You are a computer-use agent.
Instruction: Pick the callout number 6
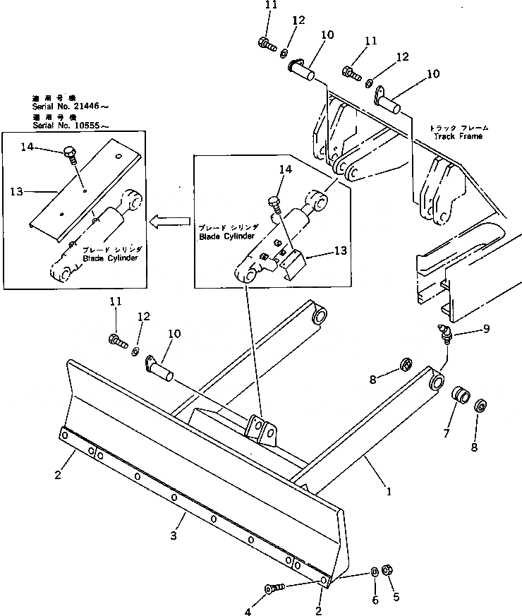coord(375,600)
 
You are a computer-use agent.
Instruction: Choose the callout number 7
coord(446,433)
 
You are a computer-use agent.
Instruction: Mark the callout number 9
coord(466,328)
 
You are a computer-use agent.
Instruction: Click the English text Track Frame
coord(456,136)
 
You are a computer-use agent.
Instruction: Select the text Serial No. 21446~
coord(71,107)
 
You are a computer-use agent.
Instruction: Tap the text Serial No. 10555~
coord(71,125)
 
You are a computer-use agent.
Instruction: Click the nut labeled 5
coord(387,569)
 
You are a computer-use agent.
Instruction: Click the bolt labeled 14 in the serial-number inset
coord(69,152)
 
